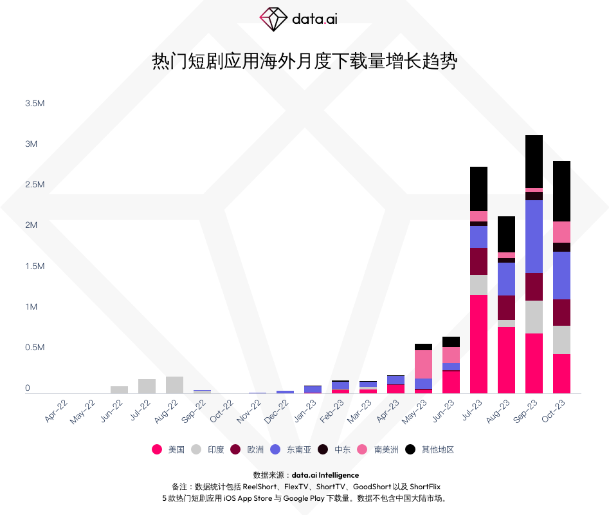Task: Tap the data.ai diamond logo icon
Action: (x=273, y=19)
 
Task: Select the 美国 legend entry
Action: (x=168, y=449)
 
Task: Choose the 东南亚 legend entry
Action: (x=291, y=449)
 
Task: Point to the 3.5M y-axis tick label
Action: (x=35, y=103)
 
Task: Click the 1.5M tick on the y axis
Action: (x=35, y=266)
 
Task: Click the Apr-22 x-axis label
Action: (x=56, y=411)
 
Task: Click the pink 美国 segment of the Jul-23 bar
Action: (x=478, y=344)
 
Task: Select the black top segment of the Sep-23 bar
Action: (x=534, y=161)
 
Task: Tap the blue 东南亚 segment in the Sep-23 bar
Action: (x=534, y=236)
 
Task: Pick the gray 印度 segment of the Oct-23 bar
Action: (x=561, y=339)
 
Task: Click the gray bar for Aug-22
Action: (x=174, y=384)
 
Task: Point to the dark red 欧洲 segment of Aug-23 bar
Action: (x=506, y=307)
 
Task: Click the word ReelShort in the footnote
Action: (x=259, y=487)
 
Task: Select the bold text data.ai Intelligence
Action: (x=325, y=475)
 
